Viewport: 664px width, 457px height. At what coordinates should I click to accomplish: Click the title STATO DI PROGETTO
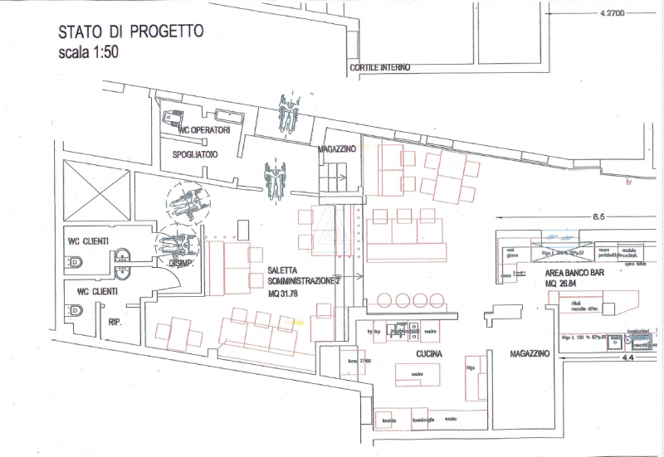point(130,32)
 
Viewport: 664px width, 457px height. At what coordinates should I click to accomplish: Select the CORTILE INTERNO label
point(379,68)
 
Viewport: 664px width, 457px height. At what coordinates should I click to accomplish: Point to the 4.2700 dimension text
point(616,14)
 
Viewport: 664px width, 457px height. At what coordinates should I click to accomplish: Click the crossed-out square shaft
point(95,191)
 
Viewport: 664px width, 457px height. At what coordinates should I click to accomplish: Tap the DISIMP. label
point(183,265)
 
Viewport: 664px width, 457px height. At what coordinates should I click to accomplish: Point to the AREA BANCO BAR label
point(580,273)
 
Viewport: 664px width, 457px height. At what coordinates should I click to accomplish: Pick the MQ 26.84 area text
point(561,283)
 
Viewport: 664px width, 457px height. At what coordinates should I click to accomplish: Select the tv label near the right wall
point(629,182)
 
